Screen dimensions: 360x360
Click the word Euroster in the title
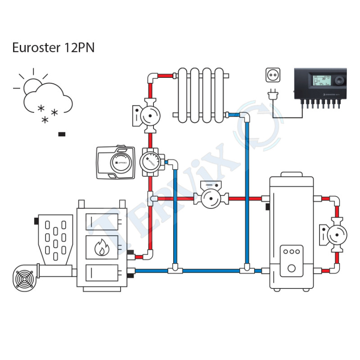34,48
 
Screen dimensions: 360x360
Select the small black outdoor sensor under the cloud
62,134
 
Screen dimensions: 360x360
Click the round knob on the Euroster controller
338,81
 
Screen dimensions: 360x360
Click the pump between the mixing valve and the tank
210,197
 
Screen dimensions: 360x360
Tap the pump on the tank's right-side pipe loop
335,234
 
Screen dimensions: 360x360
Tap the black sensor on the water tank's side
267,207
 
